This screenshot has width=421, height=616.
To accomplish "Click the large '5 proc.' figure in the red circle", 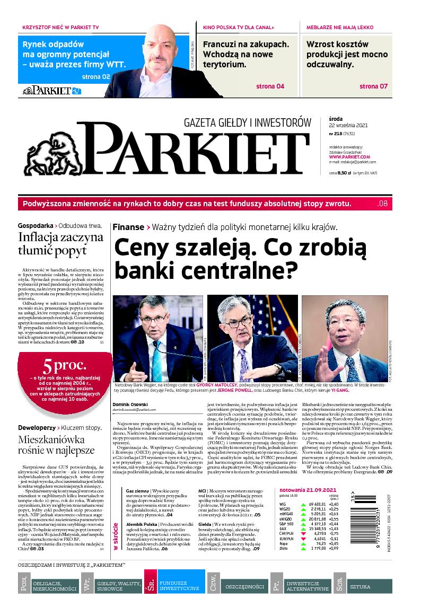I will [57, 366].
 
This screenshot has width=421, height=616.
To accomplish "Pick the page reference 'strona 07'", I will [373, 86].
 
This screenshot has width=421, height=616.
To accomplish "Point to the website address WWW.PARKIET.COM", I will [349, 157].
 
